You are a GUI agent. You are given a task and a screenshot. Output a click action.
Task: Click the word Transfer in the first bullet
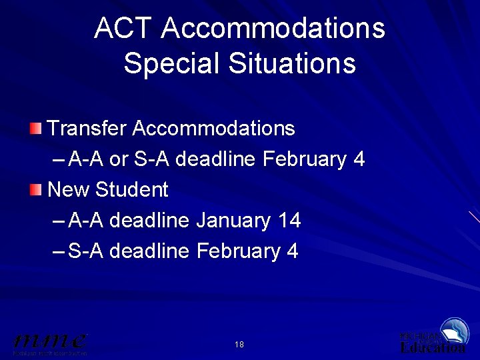click(87, 128)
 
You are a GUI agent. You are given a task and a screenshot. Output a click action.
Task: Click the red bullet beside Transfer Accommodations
click(36, 127)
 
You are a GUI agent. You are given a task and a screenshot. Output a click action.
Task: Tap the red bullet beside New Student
click(36, 190)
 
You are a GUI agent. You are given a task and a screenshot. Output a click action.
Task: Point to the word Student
click(132, 190)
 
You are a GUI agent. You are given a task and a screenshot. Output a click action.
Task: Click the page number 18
click(239, 345)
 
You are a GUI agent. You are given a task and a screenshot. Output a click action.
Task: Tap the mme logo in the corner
click(50, 342)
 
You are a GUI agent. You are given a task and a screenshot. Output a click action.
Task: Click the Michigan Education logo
click(433, 337)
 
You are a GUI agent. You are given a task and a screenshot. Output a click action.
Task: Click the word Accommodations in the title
click(273, 29)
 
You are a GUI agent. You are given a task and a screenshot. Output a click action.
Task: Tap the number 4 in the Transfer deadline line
click(359, 159)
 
